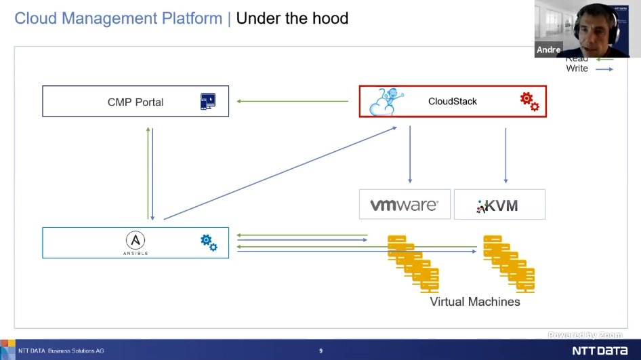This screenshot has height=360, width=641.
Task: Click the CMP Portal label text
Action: [x=136, y=102]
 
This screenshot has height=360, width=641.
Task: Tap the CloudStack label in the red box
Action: [x=452, y=101]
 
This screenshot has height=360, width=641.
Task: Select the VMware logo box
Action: [x=405, y=205]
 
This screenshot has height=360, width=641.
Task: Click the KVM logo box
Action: [x=499, y=205]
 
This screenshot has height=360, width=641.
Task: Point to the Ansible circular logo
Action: [x=136, y=240]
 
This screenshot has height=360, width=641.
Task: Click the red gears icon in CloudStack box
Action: [x=529, y=102]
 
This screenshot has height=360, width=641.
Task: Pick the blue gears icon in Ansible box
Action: [x=209, y=242]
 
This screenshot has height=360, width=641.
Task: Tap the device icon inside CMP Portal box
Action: [x=208, y=102]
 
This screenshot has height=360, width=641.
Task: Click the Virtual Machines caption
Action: [x=475, y=302]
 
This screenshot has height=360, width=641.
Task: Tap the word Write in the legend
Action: [x=577, y=68]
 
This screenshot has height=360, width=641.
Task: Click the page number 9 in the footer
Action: [x=320, y=351]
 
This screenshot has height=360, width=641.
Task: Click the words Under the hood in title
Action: [x=292, y=18]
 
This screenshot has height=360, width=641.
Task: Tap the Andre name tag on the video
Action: [x=549, y=50]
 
